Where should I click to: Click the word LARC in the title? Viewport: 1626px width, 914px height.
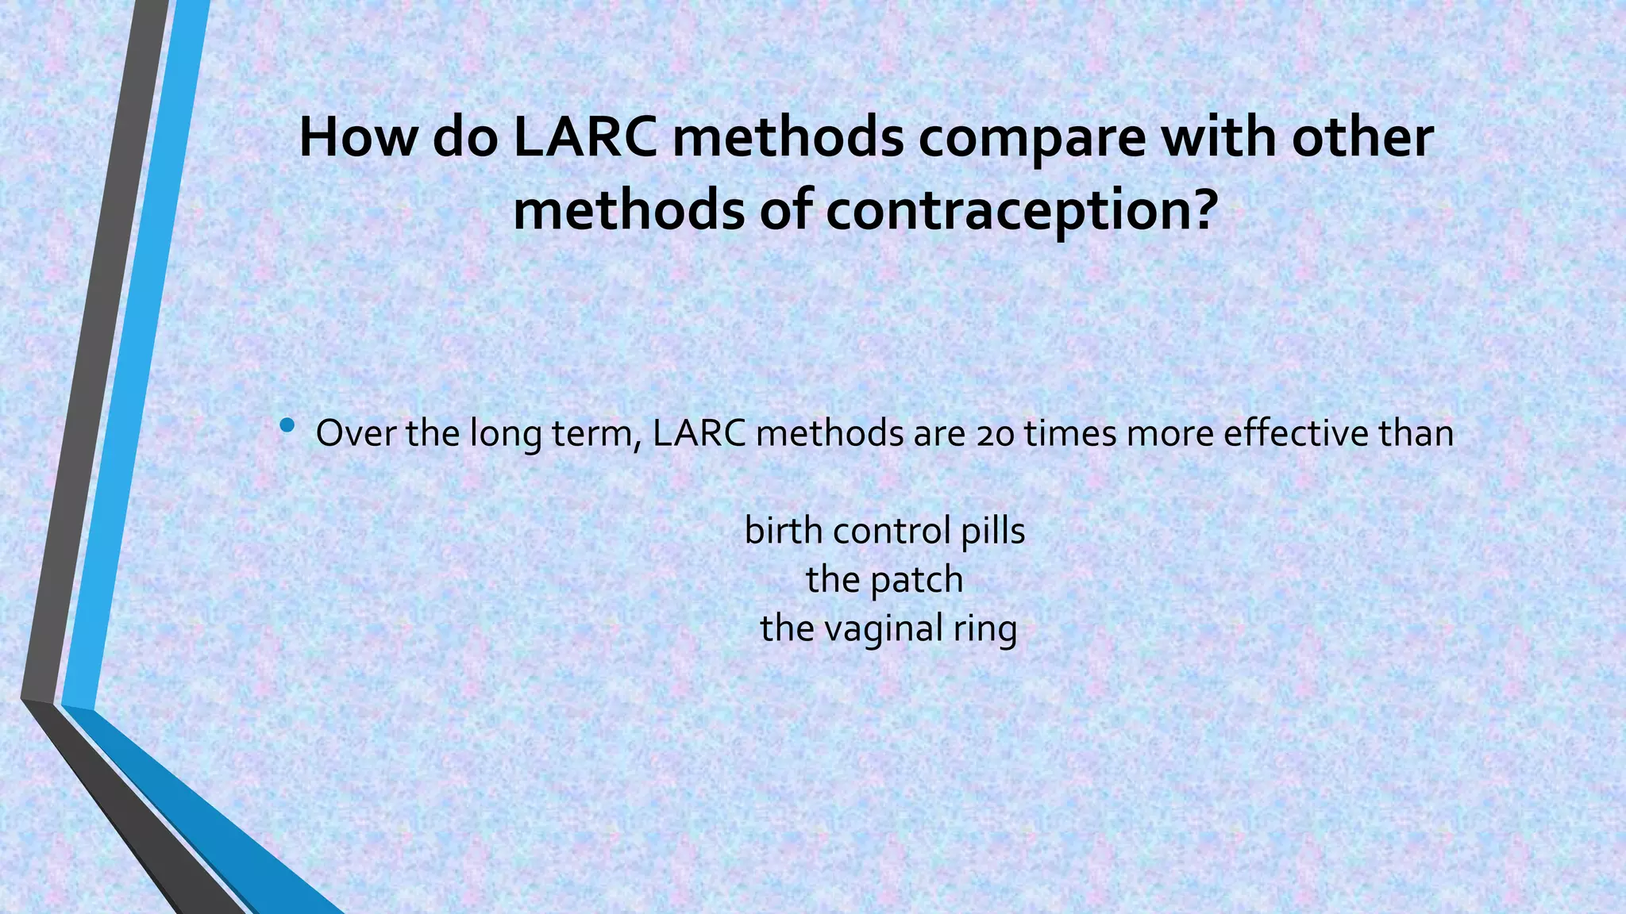click(x=584, y=137)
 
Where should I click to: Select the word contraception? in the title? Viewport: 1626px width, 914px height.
click(x=1021, y=212)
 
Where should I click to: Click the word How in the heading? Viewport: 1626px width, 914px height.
click(x=357, y=137)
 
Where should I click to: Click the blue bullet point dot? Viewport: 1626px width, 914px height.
click(x=287, y=427)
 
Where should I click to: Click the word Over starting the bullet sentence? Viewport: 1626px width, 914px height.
click(x=356, y=433)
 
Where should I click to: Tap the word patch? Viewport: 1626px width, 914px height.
click(x=917, y=580)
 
